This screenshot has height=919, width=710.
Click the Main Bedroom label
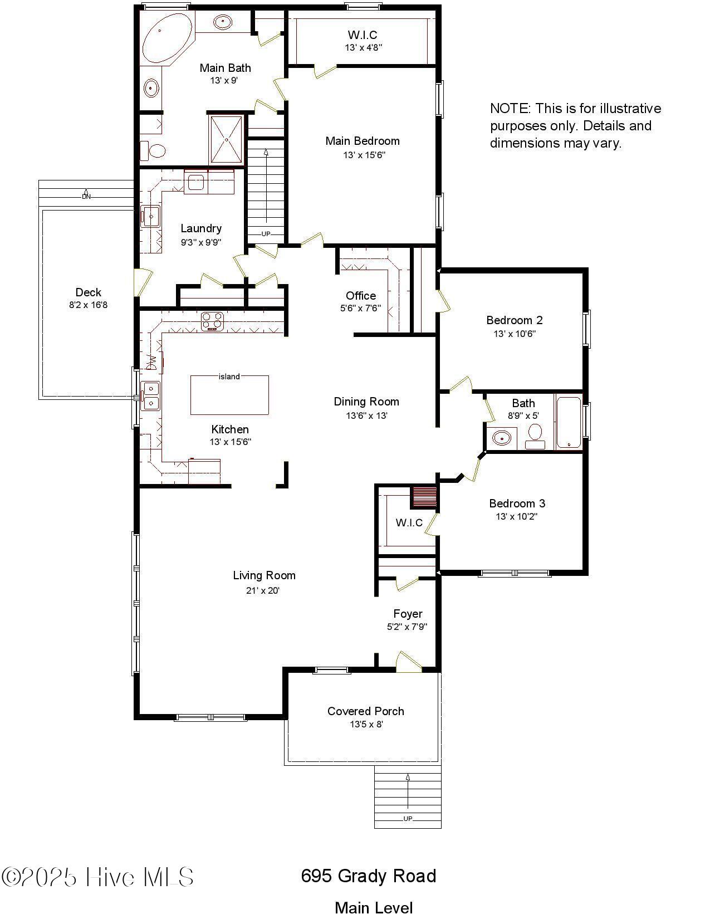click(363, 141)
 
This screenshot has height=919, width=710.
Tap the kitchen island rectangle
click(229, 395)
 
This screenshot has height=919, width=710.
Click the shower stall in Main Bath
click(227, 140)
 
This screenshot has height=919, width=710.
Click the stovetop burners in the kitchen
click(212, 321)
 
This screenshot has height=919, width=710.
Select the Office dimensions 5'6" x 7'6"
click(361, 309)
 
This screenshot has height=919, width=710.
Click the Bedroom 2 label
click(514, 320)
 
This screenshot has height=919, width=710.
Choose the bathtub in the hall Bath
click(569, 422)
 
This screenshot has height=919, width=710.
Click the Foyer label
click(408, 614)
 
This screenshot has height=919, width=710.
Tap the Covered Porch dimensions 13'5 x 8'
click(366, 725)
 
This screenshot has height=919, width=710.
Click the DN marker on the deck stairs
click(86, 197)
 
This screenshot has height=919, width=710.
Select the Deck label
click(88, 292)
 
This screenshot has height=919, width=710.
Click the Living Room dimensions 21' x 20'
click(263, 590)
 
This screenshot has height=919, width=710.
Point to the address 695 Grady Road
click(368, 876)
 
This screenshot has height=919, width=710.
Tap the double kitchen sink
click(150, 396)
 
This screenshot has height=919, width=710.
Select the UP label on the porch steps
click(408, 818)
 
